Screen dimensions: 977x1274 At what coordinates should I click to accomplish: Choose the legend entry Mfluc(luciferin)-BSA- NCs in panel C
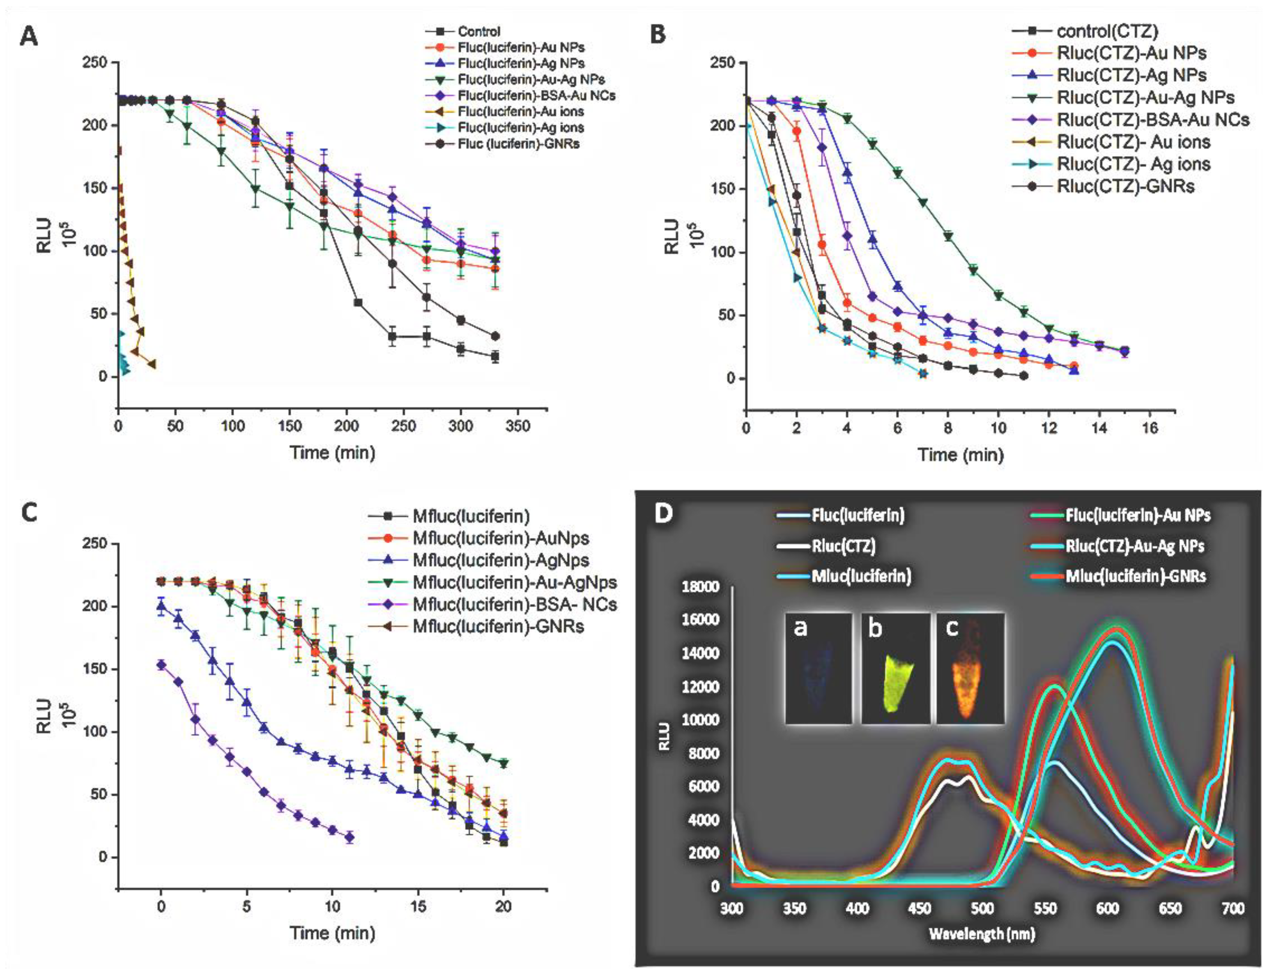514,604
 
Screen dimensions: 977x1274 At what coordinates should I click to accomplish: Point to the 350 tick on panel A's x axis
517,426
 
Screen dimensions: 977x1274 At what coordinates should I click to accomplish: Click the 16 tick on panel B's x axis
1150,428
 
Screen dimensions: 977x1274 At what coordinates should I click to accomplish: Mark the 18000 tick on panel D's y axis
700,586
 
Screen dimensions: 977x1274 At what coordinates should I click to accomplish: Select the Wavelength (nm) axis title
982,934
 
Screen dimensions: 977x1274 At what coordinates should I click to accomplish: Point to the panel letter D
665,513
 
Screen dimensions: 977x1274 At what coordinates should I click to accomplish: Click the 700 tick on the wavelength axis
1233,908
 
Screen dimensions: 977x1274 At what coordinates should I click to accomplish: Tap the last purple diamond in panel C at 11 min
350,837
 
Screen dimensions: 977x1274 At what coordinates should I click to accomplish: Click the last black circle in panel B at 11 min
1023,376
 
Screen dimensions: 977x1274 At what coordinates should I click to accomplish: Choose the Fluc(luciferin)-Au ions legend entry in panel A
520,111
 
